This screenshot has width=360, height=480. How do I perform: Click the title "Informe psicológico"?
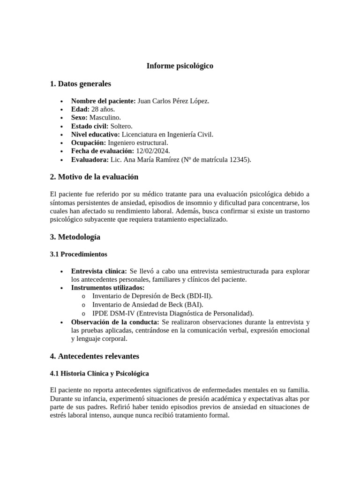point(180,66)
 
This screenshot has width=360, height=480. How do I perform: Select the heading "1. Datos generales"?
point(80,84)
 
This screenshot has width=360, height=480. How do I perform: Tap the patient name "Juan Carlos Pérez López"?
point(173,101)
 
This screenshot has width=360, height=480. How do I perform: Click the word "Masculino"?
point(105,118)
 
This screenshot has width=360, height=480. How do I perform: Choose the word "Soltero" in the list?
point(121,126)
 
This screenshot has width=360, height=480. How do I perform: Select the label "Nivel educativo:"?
point(95,135)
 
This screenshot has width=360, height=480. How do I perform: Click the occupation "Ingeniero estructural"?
point(138,143)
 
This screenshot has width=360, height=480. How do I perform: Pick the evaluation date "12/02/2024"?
point(152,151)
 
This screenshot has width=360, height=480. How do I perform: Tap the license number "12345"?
point(239,160)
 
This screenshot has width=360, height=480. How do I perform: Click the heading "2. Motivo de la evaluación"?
point(94,177)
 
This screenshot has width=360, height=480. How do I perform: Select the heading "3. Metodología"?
point(75,237)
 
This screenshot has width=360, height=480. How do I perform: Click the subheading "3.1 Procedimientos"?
point(78,254)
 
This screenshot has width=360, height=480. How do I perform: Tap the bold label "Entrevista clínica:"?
point(99,271)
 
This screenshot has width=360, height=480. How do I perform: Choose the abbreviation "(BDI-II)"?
point(199,296)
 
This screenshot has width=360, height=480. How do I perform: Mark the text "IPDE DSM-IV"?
point(112,313)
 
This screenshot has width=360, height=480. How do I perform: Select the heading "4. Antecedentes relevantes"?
point(94,356)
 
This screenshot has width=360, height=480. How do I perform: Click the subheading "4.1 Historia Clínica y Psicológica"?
point(99,374)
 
